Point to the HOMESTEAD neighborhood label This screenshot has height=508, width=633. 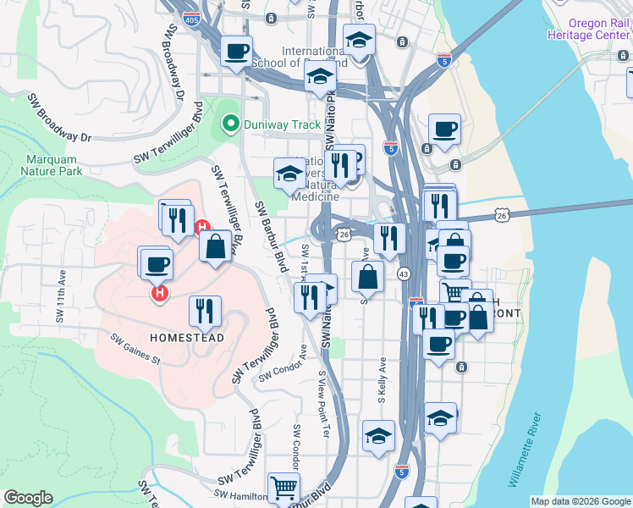click(x=187, y=338)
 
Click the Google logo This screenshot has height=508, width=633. click(x=28, y=498)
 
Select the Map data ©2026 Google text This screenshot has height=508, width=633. click(x=581, y=501)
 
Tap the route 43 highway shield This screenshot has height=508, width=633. click(x=404, y=273)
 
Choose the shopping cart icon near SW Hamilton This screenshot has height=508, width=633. click(x=283, y=487)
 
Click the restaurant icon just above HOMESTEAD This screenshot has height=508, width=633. click(x=204, y=311)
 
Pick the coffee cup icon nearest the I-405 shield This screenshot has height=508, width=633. click(x=236, y=50)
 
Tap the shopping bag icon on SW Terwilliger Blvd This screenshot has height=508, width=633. click(x=215, y=246)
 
